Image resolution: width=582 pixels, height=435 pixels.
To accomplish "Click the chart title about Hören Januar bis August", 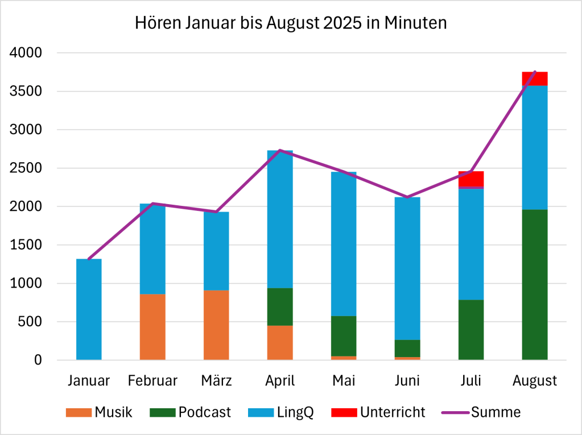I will point(291,23).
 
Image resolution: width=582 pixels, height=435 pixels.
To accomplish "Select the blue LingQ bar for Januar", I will point(89,309).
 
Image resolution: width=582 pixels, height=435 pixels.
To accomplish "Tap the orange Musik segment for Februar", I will point(152,327).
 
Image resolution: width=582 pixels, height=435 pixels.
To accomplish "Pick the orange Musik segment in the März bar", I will point(216,325).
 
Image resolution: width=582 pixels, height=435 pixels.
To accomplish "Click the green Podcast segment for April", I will point(280,307).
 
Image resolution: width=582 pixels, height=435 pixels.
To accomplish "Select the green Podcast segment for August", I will point(535,284).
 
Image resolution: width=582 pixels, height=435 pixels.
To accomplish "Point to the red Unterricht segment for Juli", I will point(471,179).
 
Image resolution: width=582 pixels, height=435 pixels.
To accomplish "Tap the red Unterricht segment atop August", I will point(535,78).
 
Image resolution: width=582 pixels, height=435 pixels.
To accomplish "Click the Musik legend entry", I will point(100,412).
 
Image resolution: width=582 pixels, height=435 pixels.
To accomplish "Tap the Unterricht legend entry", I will point(378,412).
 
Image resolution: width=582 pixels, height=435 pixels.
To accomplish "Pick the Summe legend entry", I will point(483,412).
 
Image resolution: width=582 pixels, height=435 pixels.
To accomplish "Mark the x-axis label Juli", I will point(471,380).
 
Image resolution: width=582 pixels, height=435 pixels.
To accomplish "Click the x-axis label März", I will point(216,380).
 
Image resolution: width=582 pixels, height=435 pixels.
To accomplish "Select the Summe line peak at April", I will point(280,150).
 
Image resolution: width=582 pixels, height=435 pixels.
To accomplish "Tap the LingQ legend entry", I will point(282,412).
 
